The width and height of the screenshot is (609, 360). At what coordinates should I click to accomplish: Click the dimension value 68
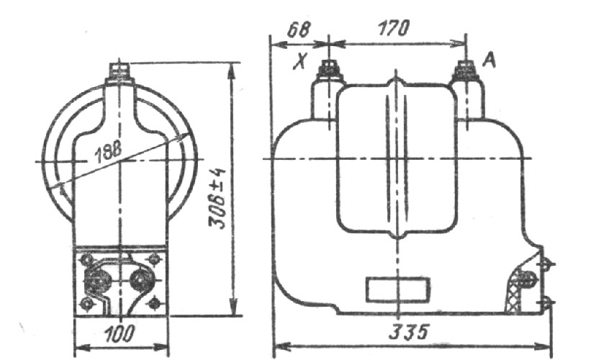click(298, 29)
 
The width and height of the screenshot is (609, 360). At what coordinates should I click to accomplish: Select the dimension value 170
click(394, 28)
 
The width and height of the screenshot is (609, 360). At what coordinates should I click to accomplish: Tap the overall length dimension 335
click(409, 332)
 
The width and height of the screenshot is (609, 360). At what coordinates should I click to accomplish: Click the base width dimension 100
click(120, 333)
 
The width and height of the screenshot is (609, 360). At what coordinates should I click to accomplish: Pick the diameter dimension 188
click(108, 150)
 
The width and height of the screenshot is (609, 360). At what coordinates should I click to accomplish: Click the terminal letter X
click(300, 61)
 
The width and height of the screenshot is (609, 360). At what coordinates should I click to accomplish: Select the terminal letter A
click(490, 60)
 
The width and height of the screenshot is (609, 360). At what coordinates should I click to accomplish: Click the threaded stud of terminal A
click(466, 70)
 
